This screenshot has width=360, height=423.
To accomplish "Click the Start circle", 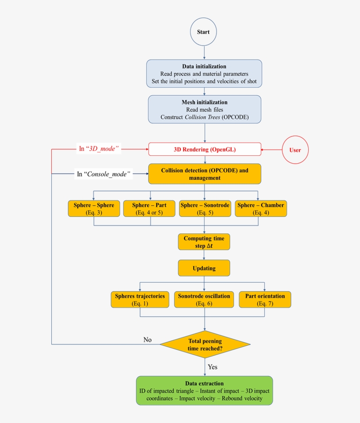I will tap(203, 32).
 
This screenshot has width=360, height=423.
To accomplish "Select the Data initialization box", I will tap(204, 74).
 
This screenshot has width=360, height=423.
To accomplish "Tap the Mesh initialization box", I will tap(205, 110).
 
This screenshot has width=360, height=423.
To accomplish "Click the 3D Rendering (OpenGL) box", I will tap(205, 149).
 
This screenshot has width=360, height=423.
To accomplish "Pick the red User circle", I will tap(295, 150).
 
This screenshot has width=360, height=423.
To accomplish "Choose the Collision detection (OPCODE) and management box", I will tap(205, 174).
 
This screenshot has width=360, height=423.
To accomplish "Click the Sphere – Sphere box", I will tap(94, 209).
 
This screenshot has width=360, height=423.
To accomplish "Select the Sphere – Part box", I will tap(149, 209).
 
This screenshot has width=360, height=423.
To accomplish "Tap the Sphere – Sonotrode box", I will tap(205, 209).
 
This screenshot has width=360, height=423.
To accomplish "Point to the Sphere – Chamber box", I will tap(261, 209).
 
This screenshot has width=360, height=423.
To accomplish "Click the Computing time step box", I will tap(204, 242).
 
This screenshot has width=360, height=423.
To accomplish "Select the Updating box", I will tap(204, 268).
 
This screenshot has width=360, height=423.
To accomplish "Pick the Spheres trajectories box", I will tap(140, 299).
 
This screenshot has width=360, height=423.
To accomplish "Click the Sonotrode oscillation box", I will tap(204, 299).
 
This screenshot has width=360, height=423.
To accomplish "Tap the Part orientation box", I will tap(265, 299).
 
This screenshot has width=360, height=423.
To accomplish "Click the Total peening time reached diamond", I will tap(205, 344).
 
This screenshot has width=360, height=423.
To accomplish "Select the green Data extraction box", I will tap(204, 391).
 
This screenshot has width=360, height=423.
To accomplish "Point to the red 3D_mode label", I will tap(99, 149).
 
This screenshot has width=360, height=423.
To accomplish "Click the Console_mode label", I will tap(104, 174).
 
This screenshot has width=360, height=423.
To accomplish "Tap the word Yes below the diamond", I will tap(212, 366).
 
